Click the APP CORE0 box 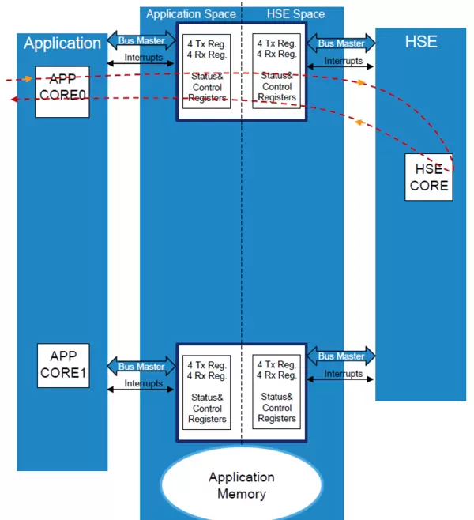(x=62, y=91)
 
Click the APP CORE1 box (x=63, y=365)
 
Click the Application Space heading (x=190, y=14)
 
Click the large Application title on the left (x=62, y=43)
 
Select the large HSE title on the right (x=420, y=42)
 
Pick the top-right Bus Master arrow (x=341, y=43)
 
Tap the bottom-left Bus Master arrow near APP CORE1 (x=141, y=366)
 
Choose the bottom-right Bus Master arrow (x=341, y=356)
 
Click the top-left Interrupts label (x=143, y=58)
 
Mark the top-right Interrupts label (x=343, y=60)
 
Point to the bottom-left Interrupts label (x=143, y=383)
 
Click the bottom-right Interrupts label (x=343, y=373)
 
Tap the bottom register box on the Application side (x=207, y=392)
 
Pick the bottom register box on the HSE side (x=276, y=392)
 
